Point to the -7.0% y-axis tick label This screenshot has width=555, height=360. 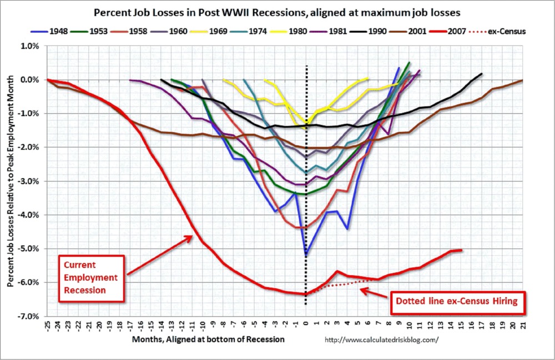click(x=29, y=316)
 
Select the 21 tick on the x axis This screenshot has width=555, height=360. click(x=523, y=325)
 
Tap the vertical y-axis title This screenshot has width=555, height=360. click(x=11, y=181)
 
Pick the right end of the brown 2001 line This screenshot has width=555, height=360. click(x=523, y=80)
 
